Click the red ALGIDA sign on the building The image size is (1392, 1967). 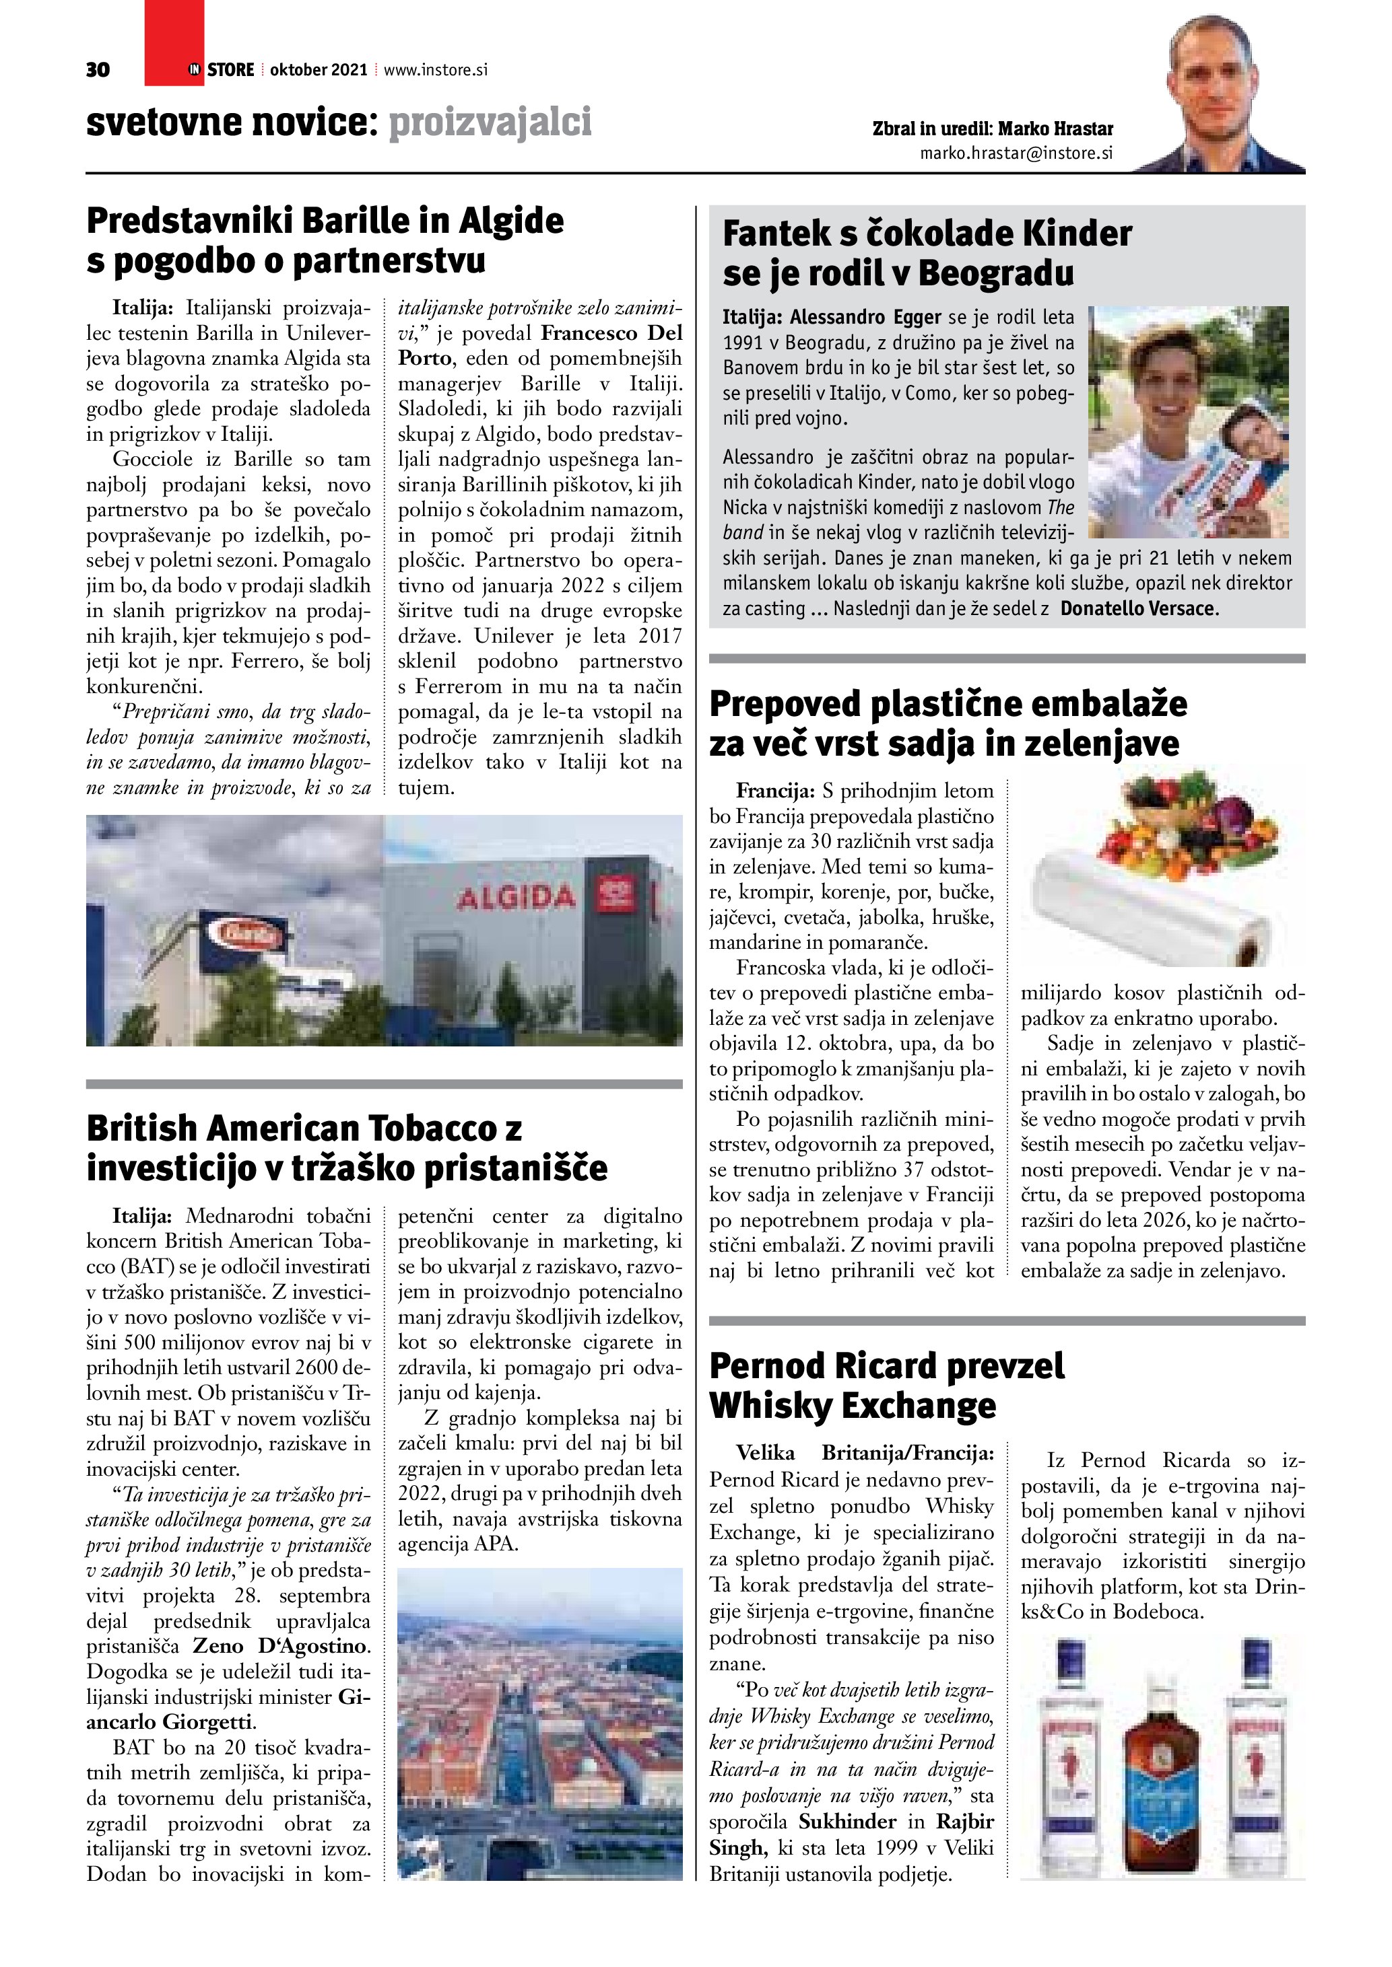(516, 898)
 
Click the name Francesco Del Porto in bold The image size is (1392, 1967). (540, 345)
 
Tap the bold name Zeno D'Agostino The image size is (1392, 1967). (281, 1646)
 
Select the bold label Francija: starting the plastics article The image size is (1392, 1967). (775, 790)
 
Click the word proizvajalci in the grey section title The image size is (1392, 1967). (490, 122)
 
